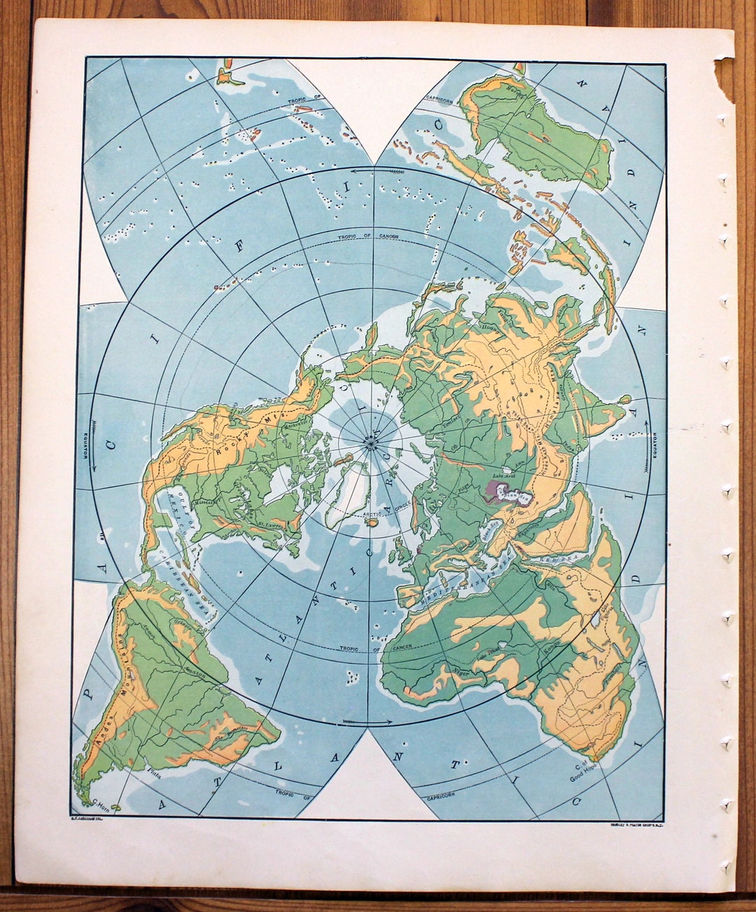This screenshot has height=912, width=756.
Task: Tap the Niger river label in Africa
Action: tap(461, 672)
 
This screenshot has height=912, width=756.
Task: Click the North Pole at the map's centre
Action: tap(370, 442)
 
